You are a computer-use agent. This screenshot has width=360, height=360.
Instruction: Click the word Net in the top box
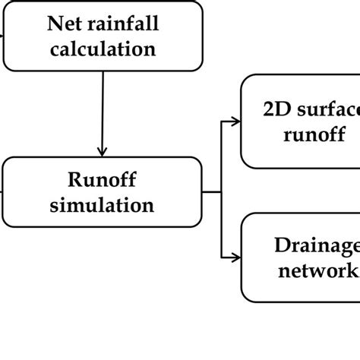pos(62,24)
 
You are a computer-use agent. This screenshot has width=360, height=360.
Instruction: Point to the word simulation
pos(102,205)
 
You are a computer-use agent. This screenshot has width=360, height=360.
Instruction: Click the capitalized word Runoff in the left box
pos(102,180)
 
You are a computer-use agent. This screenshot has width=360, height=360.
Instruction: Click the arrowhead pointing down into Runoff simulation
pos(102,150)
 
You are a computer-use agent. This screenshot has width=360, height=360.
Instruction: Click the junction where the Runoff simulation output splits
pos(221,191)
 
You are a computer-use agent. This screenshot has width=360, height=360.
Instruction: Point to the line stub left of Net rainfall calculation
pos(2,34)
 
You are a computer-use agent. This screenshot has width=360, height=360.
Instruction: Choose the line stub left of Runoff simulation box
pos(2,191)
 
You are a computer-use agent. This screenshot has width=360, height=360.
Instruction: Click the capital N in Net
pos(53,24)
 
